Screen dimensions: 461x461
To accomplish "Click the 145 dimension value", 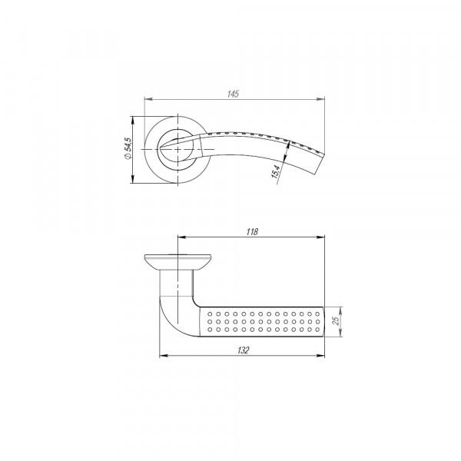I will coord(234,93).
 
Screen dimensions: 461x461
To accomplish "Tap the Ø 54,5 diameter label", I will coord(128,148).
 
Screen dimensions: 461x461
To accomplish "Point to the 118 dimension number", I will coord(253,231).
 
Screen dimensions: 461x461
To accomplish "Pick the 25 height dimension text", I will coord(335,320).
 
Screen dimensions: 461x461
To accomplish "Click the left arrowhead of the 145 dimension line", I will coord(148,98).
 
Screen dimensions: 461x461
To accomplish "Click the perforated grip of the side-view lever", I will coord(261,321).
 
